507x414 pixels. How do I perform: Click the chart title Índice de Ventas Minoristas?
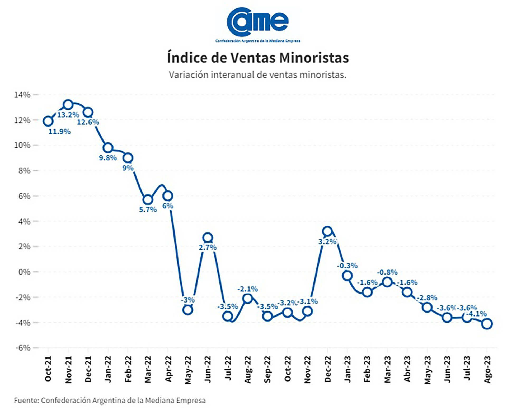258,58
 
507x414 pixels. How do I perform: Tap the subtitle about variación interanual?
257,75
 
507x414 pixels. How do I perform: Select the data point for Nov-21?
68,105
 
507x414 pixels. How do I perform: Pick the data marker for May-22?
187,310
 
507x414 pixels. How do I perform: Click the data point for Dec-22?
327,231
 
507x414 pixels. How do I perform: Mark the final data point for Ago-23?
487,324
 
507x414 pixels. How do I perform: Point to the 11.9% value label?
59,132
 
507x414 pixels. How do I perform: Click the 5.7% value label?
148,210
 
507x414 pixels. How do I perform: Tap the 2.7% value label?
208,248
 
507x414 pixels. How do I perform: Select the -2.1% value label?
247,289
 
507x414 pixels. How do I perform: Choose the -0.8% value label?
387,272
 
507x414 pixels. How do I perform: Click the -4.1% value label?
476,314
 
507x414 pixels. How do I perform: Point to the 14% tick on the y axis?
22,95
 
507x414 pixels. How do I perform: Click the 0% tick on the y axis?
24,272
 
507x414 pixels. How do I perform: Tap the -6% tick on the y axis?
23,348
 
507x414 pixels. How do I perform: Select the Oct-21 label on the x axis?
48,369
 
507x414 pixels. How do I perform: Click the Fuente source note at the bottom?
110,401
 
